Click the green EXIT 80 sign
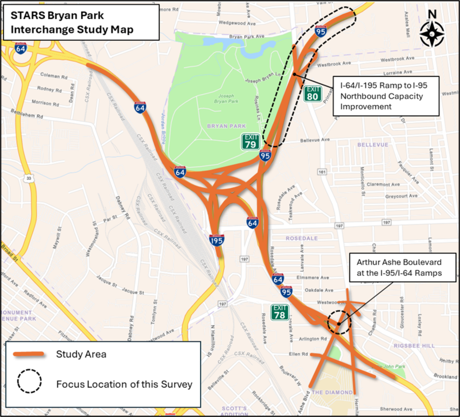pos(313,93)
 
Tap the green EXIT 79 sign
pos(251,141)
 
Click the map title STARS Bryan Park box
pos(81,23)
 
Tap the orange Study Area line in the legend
pos(29,354)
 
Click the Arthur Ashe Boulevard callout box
pos(402,267)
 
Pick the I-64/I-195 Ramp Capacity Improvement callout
pos(385,96)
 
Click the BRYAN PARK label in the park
pos(226,126)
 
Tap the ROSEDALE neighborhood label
pos(302,238)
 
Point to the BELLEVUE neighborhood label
pos(373,145)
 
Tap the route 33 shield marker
pos(29,179)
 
